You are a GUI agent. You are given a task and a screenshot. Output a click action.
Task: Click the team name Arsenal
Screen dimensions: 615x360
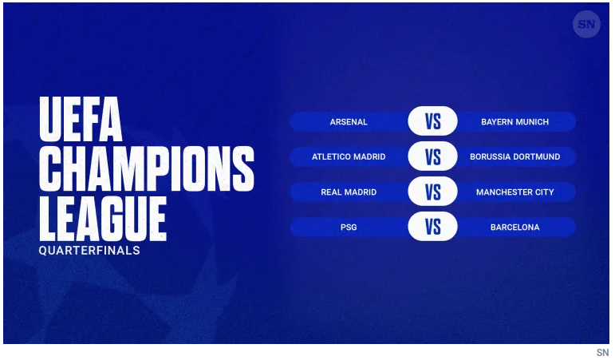(349, 121)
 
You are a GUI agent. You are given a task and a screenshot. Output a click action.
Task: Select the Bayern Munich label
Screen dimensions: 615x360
(514, 121)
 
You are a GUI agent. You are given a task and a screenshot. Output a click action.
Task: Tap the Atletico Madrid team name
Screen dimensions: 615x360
(349, 156)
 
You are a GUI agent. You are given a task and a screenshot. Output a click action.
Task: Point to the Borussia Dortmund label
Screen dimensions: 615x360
(514, 156)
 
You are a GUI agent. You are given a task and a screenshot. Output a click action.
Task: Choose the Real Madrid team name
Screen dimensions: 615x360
(349, 192)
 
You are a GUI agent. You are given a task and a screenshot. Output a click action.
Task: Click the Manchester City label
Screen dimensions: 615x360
(514, 192)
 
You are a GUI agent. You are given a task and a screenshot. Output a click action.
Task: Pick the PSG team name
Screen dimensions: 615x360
(349, 227)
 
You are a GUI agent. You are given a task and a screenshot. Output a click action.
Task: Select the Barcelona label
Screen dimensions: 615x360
(514, 227)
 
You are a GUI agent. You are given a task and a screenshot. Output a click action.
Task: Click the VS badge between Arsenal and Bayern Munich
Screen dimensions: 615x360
(432, 121)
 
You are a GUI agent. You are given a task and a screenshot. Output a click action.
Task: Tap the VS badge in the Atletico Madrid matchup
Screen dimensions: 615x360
(432, 156)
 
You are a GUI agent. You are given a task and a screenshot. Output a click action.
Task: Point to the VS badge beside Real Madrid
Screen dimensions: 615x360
(432, 192)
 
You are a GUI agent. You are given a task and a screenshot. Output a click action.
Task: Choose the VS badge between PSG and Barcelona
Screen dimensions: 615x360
(432, 227)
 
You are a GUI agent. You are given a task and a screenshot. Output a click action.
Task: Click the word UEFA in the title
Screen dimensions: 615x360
(81, 119)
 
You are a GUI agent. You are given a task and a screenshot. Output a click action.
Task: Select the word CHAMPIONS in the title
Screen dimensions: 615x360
(147, 168)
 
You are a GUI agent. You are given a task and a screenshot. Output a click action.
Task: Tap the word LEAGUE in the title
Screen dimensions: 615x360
(103, 219)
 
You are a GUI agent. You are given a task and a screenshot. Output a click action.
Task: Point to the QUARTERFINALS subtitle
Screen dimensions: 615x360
(89, 251)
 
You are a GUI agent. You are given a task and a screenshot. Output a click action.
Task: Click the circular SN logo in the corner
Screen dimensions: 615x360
(586, 24)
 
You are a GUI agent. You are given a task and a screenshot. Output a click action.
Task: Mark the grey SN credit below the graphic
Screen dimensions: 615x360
(602, 353)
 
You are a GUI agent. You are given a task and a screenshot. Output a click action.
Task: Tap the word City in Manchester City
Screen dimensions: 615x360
(544, 192)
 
